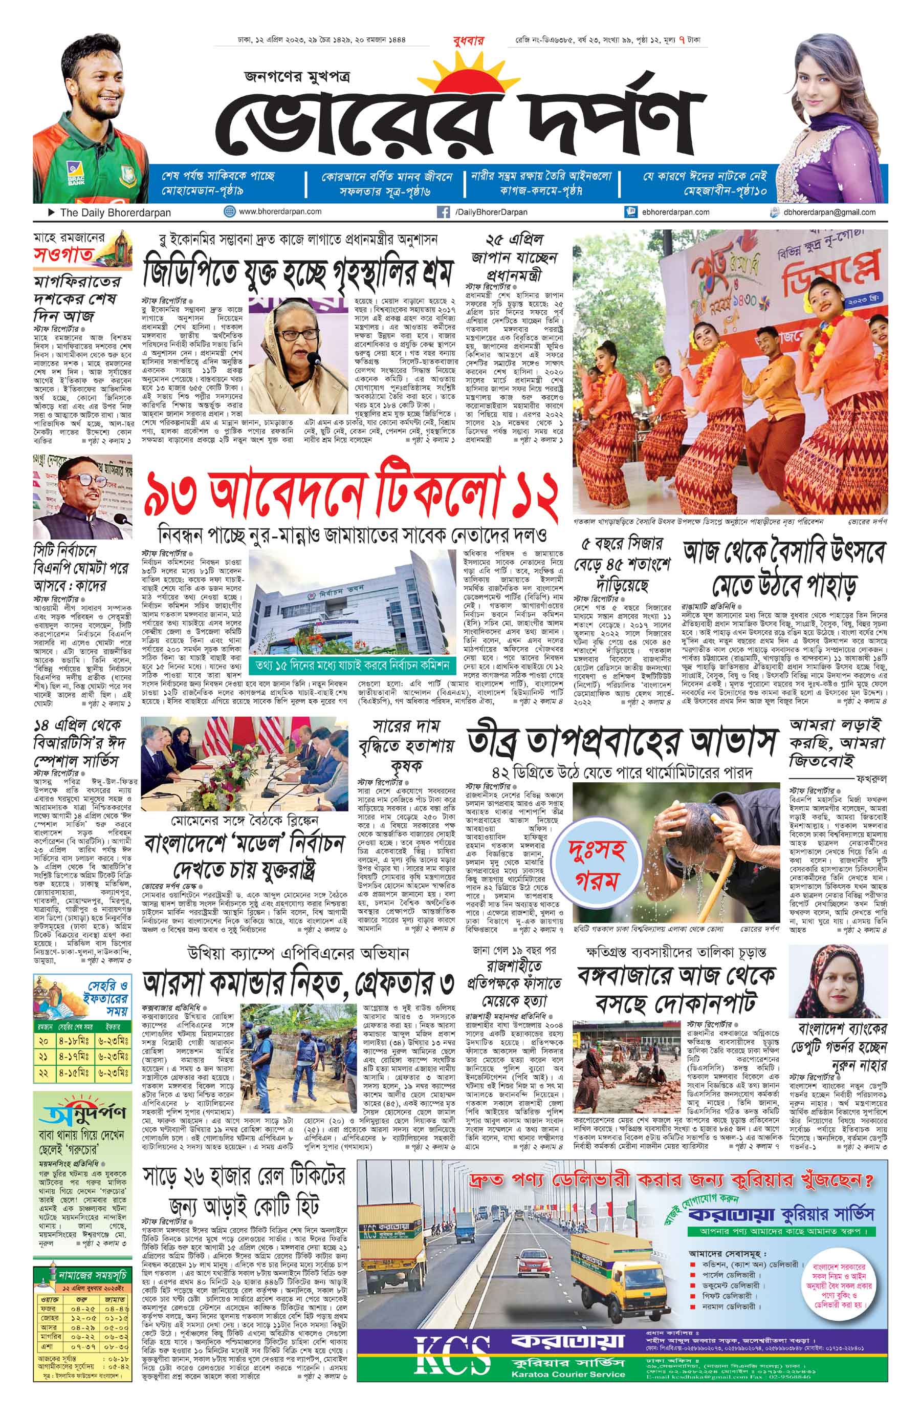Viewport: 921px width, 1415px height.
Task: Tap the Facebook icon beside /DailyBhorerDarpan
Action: click(x=443, y=211)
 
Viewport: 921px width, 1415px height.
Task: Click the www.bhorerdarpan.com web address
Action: click(x=280, y=211)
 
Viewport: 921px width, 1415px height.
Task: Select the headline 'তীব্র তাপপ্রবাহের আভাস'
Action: click(x=622, y=743)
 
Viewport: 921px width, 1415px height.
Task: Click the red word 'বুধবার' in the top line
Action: click(x=468, y=40)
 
